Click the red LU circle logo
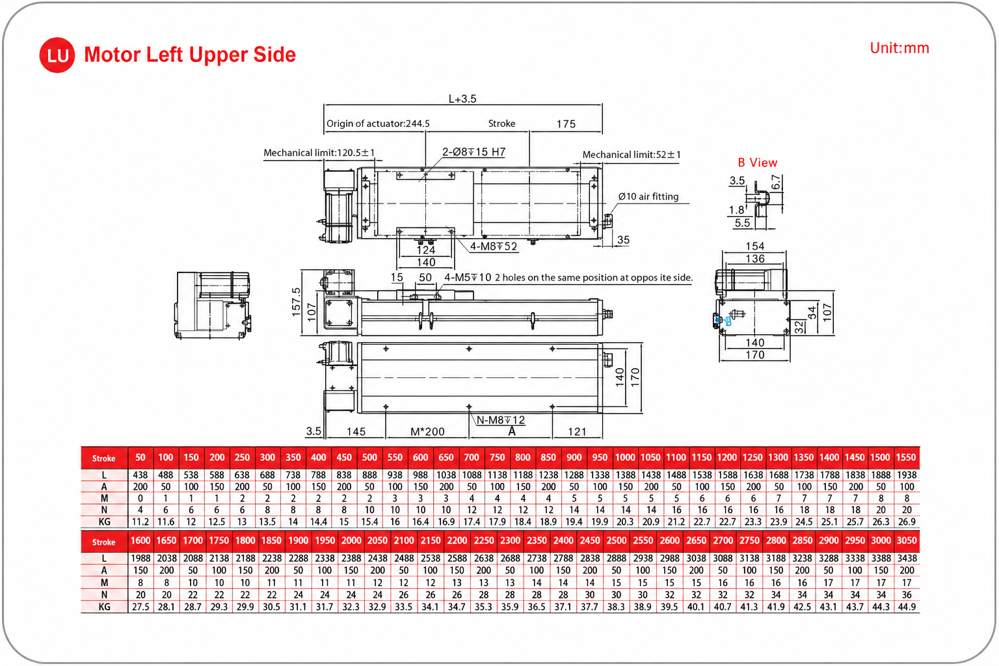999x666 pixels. point(57,55)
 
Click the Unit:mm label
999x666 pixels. point(899,48)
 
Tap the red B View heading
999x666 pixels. point(757,163)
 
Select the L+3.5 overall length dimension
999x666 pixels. point(462,99)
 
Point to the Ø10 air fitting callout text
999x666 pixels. point(648,196)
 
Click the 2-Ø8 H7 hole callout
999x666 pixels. point(473,152)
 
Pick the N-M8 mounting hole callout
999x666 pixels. point(500,420)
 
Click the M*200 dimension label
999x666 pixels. point(427,431)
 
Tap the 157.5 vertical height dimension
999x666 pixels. point(296,302)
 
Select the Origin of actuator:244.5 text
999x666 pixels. point(378,124)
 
